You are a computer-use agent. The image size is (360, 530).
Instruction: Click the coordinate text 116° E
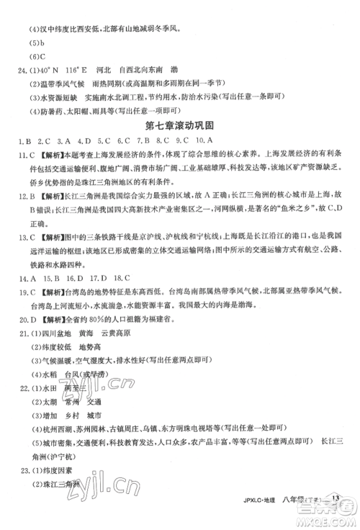77,70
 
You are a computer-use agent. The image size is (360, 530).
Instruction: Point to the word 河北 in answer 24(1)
112,70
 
